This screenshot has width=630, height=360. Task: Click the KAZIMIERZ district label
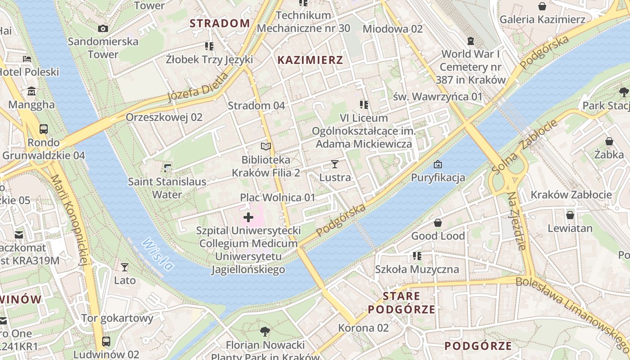coord(310,60)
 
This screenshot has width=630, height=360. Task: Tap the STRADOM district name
coord(220,23)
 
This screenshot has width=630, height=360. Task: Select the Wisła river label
coord(157,255)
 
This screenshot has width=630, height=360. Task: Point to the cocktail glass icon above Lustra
coord(334,164)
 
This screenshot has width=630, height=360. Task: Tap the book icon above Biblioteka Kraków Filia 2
coord(266,146)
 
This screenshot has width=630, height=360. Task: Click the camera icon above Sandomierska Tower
coord(103,29)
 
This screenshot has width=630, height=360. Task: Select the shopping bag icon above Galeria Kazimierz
coord(542,6)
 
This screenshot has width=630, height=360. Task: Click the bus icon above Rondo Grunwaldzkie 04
coord(44,129)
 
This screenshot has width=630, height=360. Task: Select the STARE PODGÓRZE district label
coord(401,302)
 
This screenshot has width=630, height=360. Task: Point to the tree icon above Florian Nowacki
coord(265,332)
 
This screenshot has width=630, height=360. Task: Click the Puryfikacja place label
coord(438,177)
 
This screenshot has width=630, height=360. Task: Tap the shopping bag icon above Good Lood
coord(437,223)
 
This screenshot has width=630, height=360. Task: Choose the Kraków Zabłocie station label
coord(571,195)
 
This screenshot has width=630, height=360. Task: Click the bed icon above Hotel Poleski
coord(27,58)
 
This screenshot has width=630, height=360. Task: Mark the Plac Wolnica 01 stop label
coord(278,197)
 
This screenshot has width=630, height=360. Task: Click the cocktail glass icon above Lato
coord(125,267)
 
